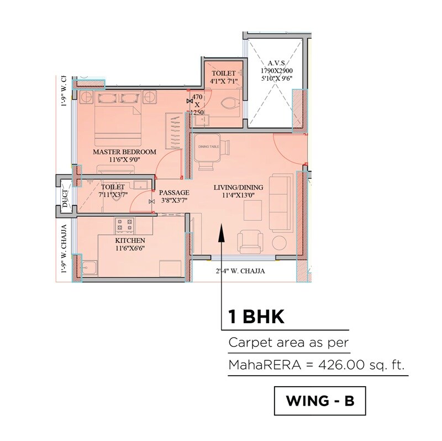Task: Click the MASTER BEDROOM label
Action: pos(124,151)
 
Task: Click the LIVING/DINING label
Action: pos(238,188)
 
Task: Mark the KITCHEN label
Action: pos(130,241)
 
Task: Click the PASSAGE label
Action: pos(174,193)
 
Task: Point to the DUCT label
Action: pos(65,198)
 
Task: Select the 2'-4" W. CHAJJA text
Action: pos(240,271)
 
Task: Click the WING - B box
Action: pos(320,400)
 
